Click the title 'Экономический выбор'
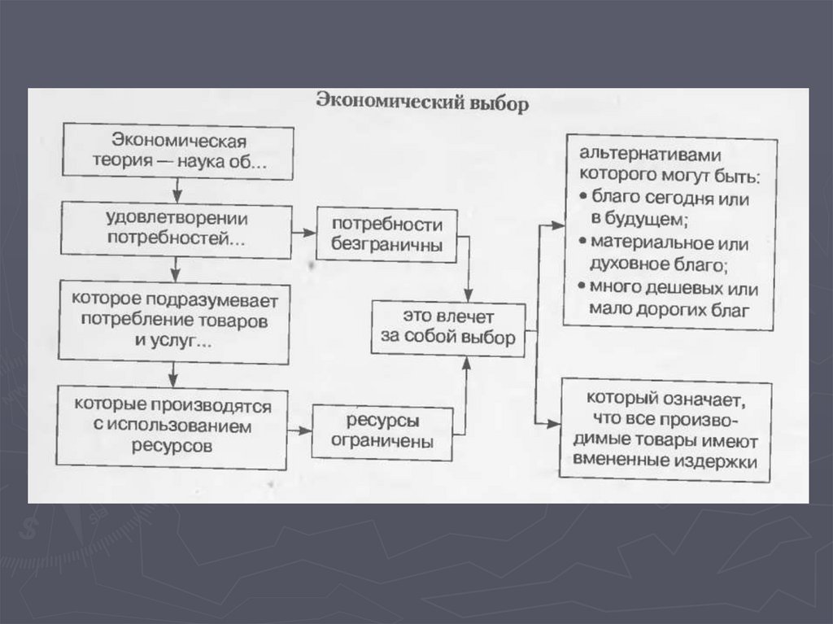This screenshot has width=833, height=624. (421, 105)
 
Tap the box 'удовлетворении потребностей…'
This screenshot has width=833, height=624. (177, 229)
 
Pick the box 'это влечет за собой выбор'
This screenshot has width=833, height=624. (448, 327)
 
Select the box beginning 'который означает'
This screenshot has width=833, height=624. (665, 430)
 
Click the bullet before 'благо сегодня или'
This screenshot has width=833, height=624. (583, 199)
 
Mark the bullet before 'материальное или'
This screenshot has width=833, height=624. (583, 242)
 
